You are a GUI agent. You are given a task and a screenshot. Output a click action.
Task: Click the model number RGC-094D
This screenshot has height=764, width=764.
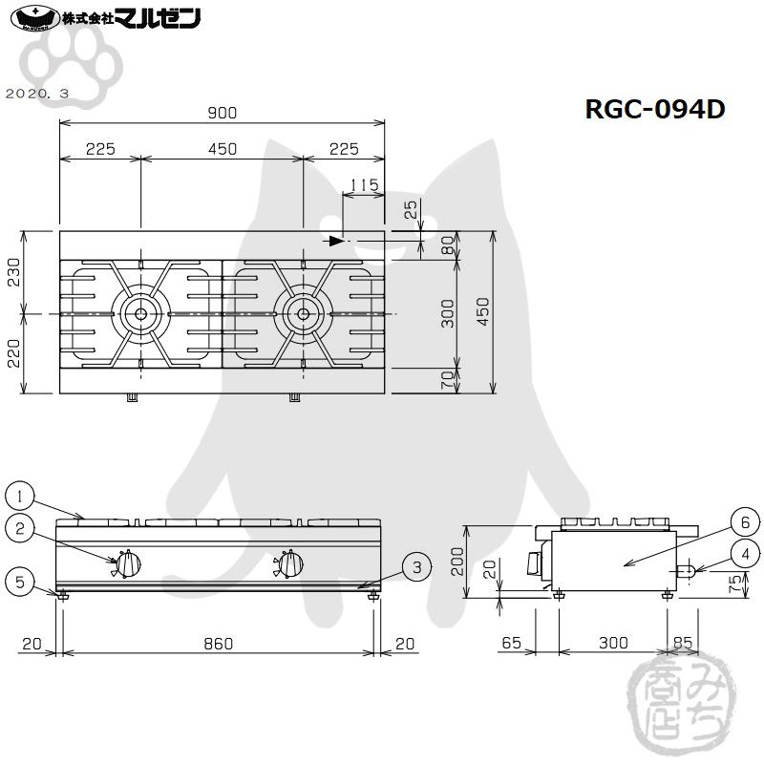pos(655,110)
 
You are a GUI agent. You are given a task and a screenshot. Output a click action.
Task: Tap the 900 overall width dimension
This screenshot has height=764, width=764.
pos(222,113)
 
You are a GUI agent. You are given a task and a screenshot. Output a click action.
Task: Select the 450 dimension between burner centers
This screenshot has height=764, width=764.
pos(222,149)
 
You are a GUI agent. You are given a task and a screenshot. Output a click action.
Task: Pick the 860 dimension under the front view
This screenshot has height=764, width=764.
pos(218,645)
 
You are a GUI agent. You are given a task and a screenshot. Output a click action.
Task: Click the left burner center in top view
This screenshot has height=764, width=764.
pos(140,313)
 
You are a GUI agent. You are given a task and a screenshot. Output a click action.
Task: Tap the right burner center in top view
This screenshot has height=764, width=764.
pos(303,313)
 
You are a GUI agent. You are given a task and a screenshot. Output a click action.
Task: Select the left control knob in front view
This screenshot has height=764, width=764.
pos(128,564)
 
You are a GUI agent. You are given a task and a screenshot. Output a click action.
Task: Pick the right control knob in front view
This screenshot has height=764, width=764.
pos(290,564)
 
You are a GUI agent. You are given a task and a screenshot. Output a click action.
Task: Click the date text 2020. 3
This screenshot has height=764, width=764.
pos(37,94)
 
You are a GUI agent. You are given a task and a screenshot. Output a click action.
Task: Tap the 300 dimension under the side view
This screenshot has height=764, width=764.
pos(613,645)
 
